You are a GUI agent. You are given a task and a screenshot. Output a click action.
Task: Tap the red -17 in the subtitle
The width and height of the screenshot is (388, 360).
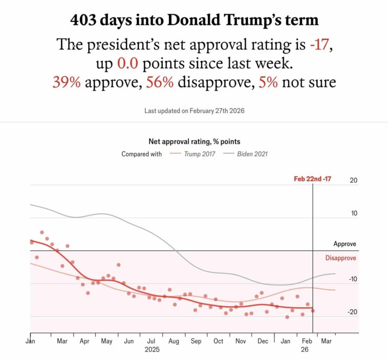(321, 45)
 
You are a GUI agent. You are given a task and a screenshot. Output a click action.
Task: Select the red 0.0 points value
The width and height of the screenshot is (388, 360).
(128, 63)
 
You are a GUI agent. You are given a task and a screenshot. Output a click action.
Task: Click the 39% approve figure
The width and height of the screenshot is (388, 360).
(66, 82)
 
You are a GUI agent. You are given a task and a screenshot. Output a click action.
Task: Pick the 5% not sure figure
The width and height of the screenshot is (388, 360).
(268, 82)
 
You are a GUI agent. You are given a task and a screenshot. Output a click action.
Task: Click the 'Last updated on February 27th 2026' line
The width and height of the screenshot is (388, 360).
(194, 111)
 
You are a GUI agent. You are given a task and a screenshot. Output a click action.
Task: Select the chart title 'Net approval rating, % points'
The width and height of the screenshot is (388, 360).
(194, 141)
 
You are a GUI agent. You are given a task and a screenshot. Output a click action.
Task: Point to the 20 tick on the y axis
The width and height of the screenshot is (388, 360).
(353, 180)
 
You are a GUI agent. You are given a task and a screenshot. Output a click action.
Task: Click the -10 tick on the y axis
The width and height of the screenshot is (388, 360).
(352, 280)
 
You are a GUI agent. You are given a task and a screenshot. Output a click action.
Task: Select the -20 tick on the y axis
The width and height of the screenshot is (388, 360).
(352, 312)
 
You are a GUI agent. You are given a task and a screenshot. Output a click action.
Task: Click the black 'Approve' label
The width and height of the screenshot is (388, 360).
(344, 244)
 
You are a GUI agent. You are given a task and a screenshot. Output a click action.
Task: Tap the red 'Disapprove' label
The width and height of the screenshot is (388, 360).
(340, 258)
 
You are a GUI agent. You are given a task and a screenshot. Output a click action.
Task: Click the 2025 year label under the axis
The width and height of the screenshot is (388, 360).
(152, 350)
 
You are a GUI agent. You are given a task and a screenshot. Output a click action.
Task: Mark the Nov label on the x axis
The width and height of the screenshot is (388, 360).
(240, 341)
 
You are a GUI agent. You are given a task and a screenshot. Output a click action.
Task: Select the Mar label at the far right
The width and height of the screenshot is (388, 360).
(326, 341)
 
